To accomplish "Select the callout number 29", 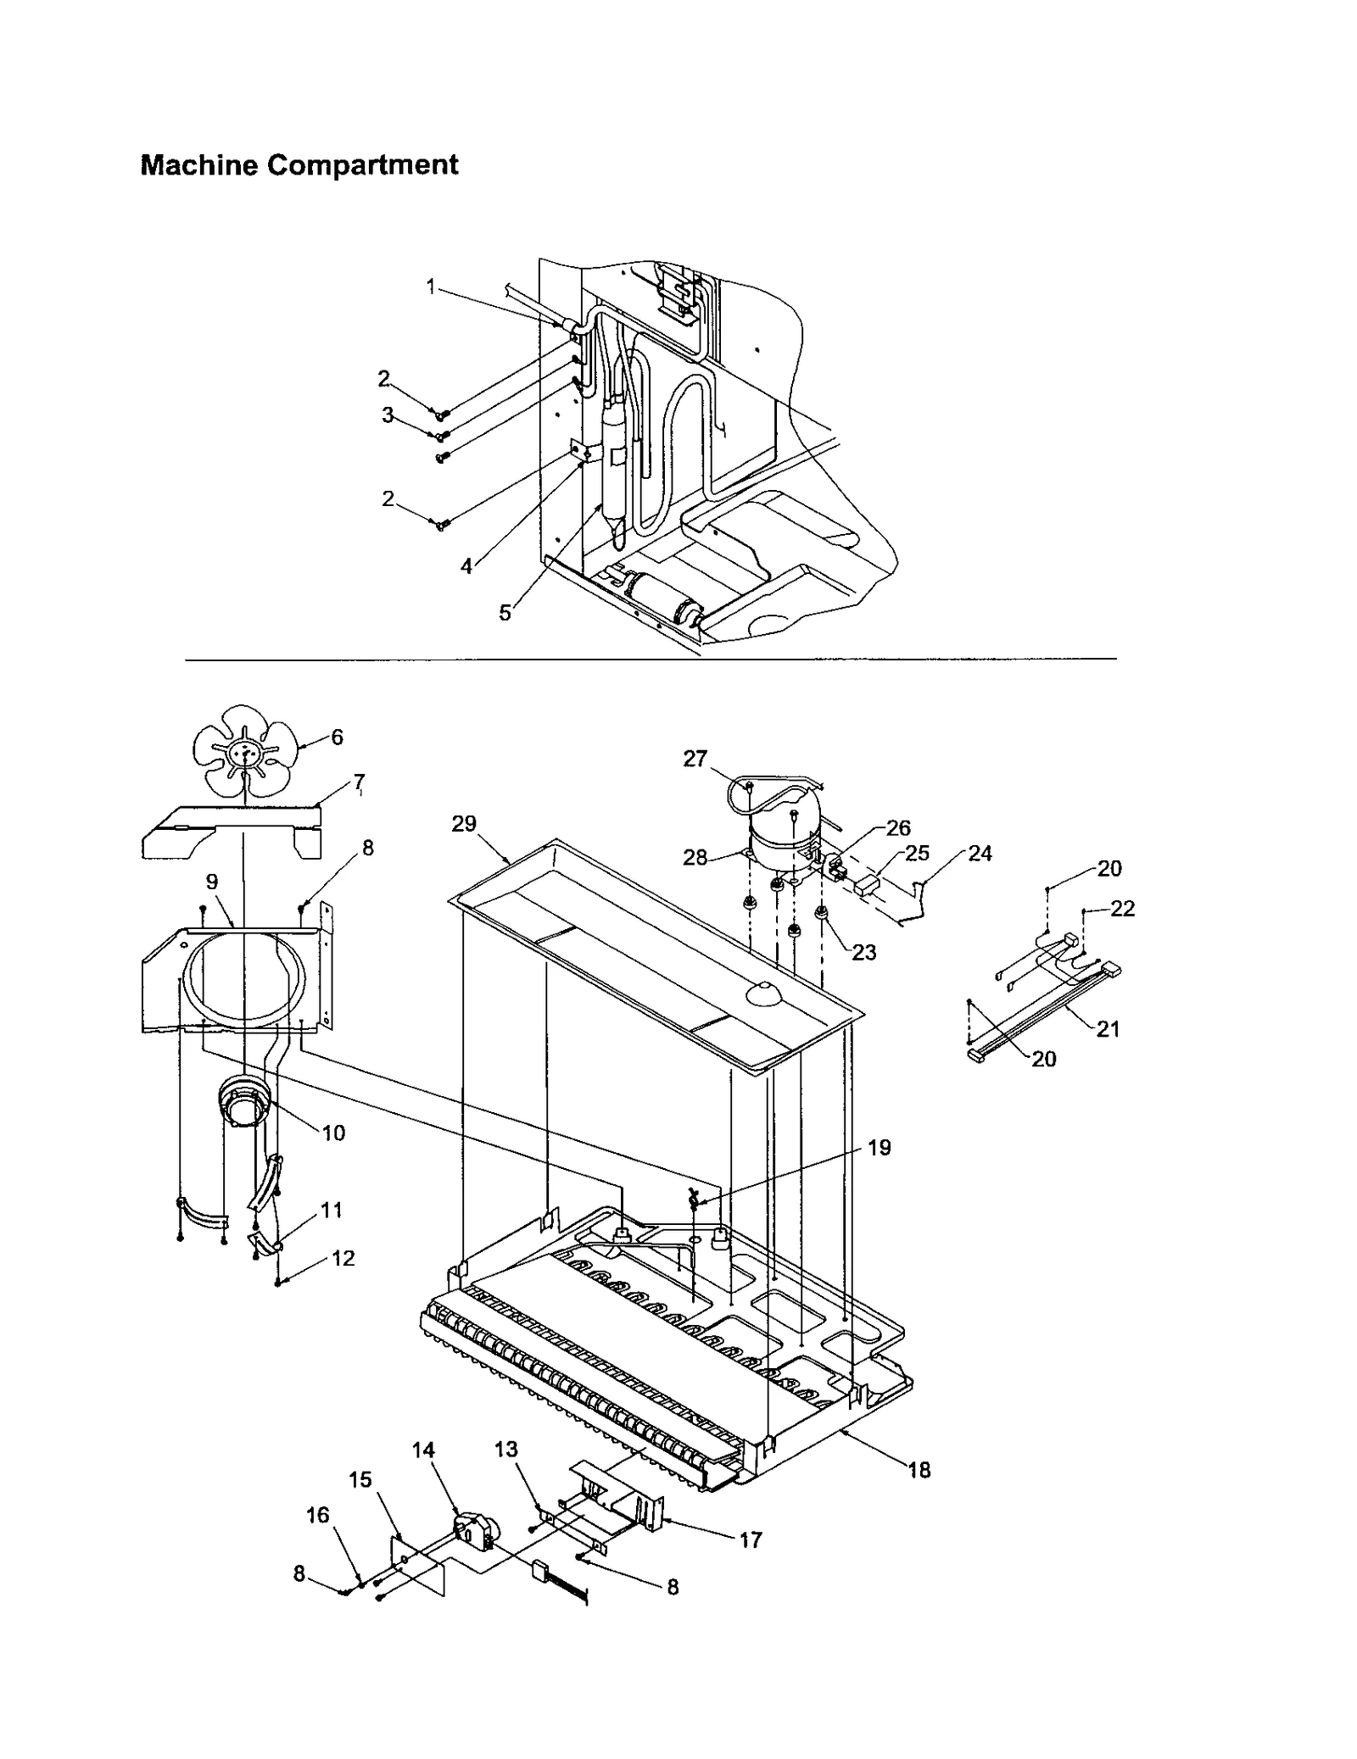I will click(464, 823).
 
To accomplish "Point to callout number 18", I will click(919, 1471).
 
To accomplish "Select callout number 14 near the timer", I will click(423, 1450).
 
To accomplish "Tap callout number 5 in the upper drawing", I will click(505, 613).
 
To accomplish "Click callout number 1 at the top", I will click(431, 287).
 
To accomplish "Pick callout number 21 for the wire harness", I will click(1108, 1029).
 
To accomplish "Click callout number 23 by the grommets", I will click(863, 953).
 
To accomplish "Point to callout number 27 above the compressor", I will click(695, 759).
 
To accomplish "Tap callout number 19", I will click(879, 1148).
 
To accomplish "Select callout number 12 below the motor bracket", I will click(343, 1258).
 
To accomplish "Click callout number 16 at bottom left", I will click(317, 1514).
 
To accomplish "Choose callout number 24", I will click(980, 854).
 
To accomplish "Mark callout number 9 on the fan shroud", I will click(212, 882).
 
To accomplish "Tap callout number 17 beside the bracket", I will click(751, 1539).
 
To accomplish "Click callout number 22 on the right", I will click(1122, 909).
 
